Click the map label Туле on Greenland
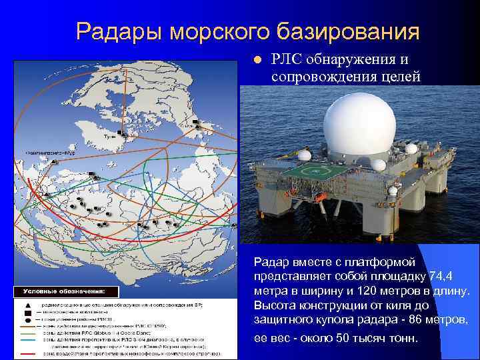107,135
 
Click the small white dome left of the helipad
304,155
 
